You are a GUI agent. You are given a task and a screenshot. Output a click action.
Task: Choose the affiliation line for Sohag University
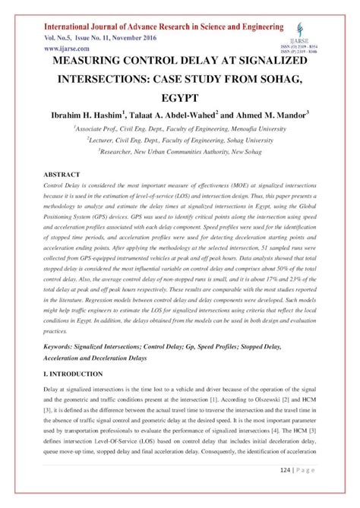tap(179, 140)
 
